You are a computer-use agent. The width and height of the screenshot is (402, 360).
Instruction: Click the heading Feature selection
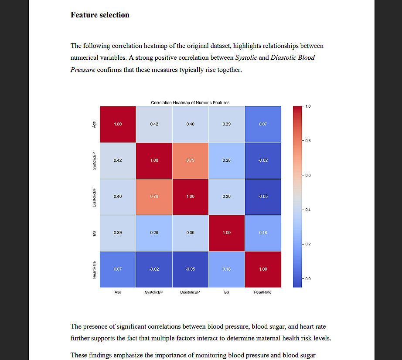pyautogui.click(x=100, y=15)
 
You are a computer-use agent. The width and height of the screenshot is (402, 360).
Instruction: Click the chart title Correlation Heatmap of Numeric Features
pyautogui.click(x=190, y=103)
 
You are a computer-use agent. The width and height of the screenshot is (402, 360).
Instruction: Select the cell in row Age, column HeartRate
pyautogui.click(x=262, y=124)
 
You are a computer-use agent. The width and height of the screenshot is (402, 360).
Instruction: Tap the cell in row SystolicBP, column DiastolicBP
pyautogui.click(x=190, y=160)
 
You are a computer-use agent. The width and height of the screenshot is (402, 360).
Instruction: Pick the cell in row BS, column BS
pyautogui.click(x=226, y=233)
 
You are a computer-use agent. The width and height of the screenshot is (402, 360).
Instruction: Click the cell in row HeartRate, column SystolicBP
pyautogui.click(x=154, y=269)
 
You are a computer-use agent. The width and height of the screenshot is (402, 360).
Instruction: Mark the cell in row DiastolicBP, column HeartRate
pyautogui.click(x=262, y=197)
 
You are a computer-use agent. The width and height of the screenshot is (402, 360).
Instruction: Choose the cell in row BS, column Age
pyautogui.click(x=118, y=233)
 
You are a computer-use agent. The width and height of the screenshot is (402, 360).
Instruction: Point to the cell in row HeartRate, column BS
pyautogui.click(x=226, y=269)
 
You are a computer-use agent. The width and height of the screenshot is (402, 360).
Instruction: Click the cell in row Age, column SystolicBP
pyautogui.click(x=154, y=124)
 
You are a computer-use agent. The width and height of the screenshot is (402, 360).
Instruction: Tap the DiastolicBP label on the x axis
pyautogui.click(x=190, y=292)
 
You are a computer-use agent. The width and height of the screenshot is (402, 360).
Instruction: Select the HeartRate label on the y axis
pyautogui.click(x=94, y=269)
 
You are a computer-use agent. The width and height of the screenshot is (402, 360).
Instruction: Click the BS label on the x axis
pyautogui.click(x=226, y=292)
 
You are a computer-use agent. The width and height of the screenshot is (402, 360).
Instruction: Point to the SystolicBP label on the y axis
pyautogui.click(x=94, y=160)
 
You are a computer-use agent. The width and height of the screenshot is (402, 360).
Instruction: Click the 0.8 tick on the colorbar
pyautogui.click(x=308, y=141)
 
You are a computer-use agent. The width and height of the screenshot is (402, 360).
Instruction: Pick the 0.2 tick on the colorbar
pyautogui.click(x=308, y=244)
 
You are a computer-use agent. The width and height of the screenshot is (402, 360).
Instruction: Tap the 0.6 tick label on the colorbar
pyautogui.click(x=308, y=175)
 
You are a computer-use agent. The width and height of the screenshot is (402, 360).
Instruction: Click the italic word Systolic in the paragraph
pyautogui.click(x=246, y=58)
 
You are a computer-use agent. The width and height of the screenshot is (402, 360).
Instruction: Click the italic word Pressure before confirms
pyautogui.click(x=83, y=70)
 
